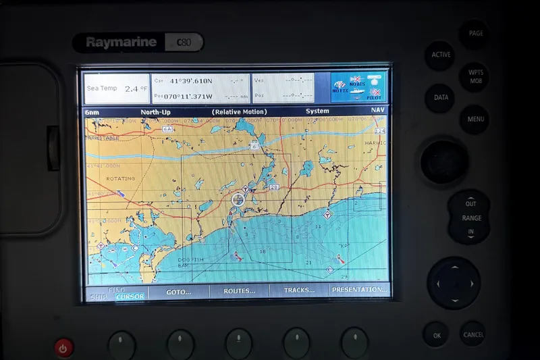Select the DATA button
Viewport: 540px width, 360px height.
[440, 98]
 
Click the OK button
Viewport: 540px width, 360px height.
[437, 334]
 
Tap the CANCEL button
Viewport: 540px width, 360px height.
[473, 334]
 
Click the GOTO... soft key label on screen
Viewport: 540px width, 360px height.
[178, 291]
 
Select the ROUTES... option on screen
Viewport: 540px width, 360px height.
[239, 291]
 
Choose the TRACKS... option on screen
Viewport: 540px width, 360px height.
[299, 290]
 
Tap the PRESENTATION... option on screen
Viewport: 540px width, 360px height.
[360, 290]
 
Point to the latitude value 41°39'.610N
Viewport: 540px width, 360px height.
[192, 81]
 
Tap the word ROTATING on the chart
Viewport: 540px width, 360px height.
[121, 178]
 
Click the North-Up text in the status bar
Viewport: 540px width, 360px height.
[155, 111]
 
